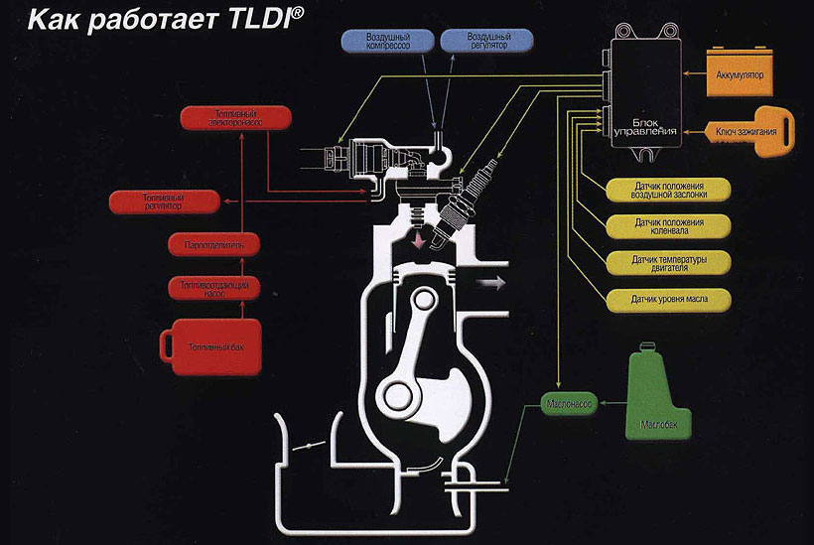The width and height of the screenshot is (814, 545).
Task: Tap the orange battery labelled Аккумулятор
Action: [746, 72]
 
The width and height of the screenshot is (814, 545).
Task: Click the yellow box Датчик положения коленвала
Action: [666, 226]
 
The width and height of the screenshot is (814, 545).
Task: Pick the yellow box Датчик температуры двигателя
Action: [666, 263]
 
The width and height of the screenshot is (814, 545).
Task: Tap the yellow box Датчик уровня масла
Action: [666, 298]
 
